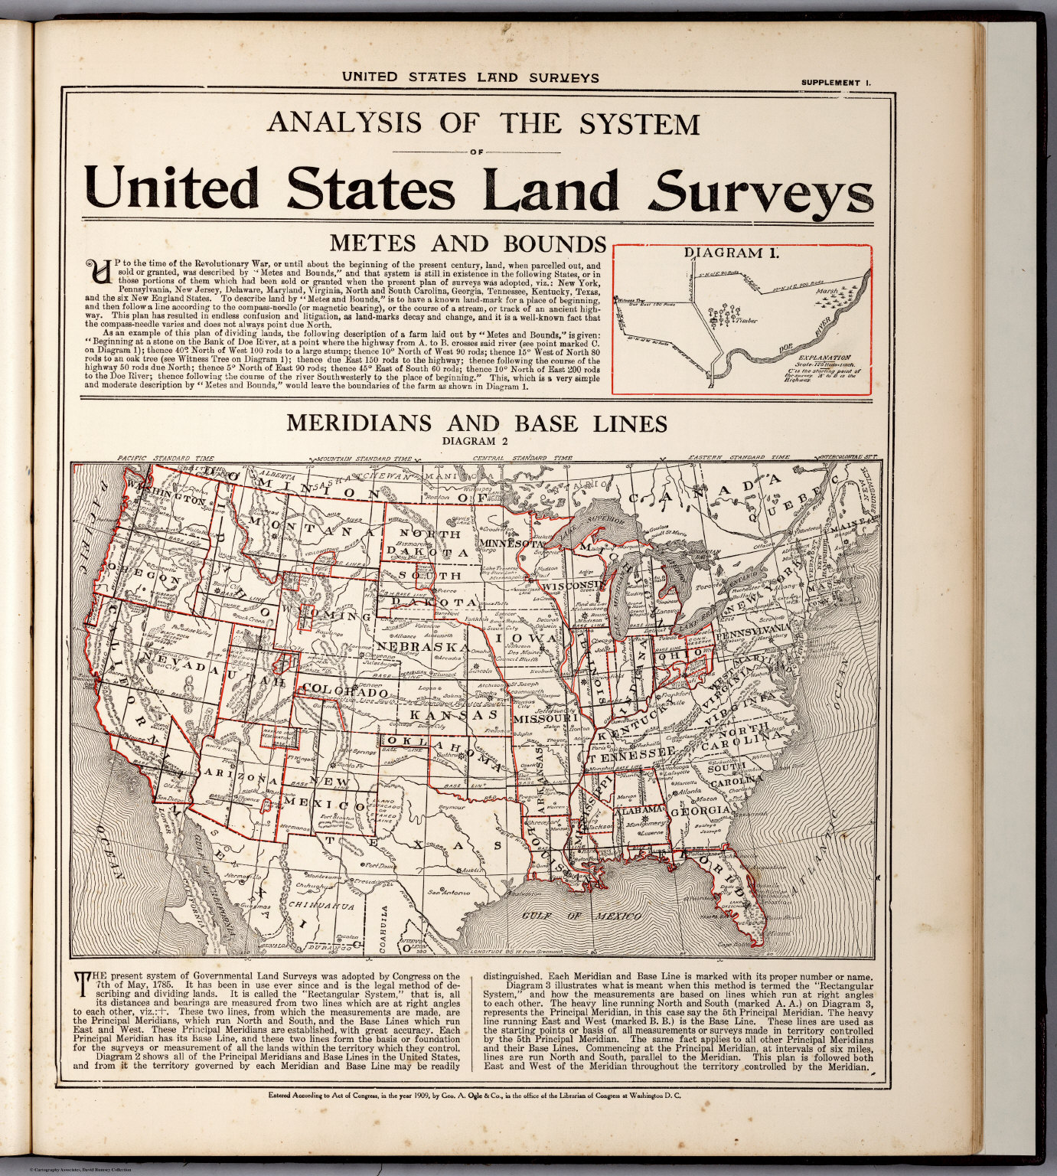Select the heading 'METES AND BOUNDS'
[467, 243]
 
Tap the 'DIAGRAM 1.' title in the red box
[731, 253]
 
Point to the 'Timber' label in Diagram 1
[746, 321]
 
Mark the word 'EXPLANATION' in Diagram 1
[824, 358]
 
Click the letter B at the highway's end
[711, 387]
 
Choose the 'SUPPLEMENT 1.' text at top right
[836, 83]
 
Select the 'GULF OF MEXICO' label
[582, 916]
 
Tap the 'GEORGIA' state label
[700, 810]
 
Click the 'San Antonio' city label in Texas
[448, 892]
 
